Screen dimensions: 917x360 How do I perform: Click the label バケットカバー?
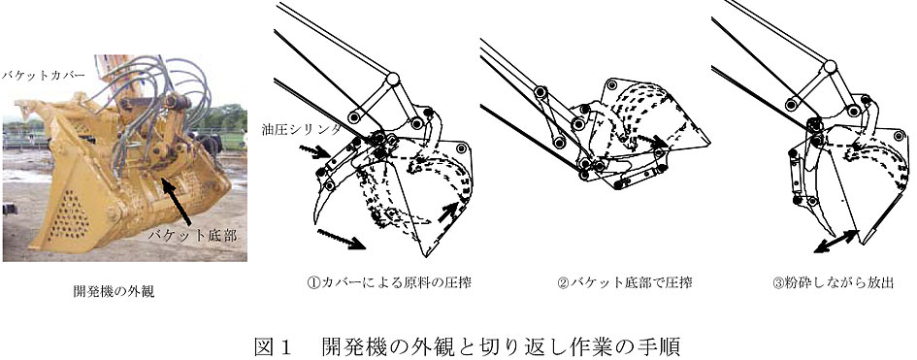(x=44, y=76)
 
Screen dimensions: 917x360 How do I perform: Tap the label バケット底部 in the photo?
(x=192, y=236)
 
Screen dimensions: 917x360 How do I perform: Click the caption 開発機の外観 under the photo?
(x=114, y=292)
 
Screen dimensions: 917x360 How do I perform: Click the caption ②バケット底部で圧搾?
(x=625, y=283)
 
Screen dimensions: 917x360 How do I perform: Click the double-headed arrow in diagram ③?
(x=836, y=242)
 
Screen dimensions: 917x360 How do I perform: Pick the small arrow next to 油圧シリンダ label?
(x=313, y=152)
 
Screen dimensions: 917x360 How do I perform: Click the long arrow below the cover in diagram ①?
(x=341, y=239)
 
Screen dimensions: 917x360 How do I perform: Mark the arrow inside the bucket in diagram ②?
(x=652, y=141)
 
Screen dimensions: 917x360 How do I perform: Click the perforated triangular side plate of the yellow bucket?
(x=67, y=213)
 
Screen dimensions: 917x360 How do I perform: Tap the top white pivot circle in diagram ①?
(x=392, y=78)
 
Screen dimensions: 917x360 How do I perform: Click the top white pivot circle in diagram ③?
(x=830, y=66)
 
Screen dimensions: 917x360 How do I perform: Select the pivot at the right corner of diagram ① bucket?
(x=462, y=149)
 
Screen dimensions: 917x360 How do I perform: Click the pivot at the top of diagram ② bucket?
(x=611, y=85)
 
